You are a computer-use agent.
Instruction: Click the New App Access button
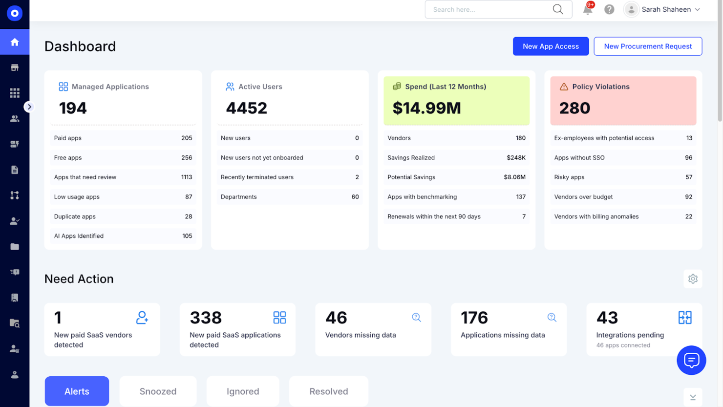coord(551,46)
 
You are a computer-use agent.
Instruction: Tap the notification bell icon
coord(588,9)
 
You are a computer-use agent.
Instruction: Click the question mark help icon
coord(609,9)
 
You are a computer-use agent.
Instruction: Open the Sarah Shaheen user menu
coord(664,9)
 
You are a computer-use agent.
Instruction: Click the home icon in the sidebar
coord(15,42)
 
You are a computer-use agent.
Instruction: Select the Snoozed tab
coord(158,391)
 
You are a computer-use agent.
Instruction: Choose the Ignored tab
coord(243,391)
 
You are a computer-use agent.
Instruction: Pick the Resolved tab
coord(328,391)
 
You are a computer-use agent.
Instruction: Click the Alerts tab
coord(77,391)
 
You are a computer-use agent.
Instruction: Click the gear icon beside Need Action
coord(693,279)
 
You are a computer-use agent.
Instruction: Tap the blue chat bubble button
coord(691,361)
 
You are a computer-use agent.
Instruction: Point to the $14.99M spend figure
coord(426,108)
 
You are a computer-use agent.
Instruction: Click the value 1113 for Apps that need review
coord(187,177)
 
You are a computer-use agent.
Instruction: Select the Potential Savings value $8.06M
coord(514,177)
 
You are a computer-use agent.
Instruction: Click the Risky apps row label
coord(569,177)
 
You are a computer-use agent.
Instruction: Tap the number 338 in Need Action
coord(206,318)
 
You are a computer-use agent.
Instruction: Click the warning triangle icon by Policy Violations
coord(564,86)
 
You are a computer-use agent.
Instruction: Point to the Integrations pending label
coord(630,335)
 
